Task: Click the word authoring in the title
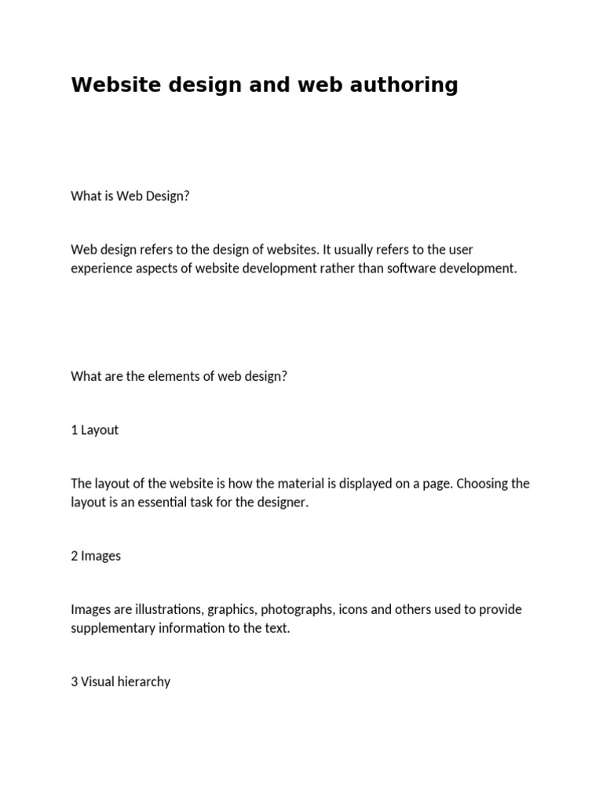point(404,85)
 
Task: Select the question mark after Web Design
point(186,196)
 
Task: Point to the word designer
point(283,502)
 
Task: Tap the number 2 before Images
point(75,556)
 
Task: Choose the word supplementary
point(118,629)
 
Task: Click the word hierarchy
point(144,682)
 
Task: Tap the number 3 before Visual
point(75,682)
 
